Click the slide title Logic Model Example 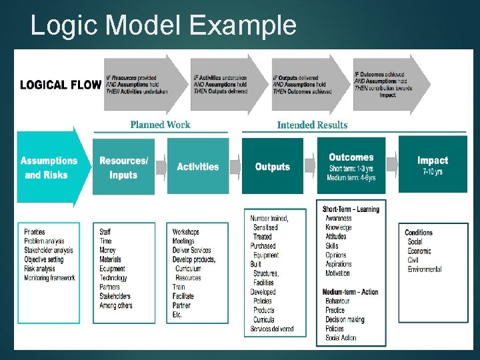click(163, 25)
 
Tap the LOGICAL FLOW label click(61, 85)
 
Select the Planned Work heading click(160, 124)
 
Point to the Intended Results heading click(312, 124)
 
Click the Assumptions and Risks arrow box click(50, 167)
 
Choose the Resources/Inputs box click(123, 167)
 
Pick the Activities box click(197, 167)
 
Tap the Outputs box click(272, 167)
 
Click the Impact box click(433, 161)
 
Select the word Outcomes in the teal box click(351, 157)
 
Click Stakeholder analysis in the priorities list click(49, 250)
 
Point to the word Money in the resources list click(107, 251)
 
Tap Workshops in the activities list click(185, 232)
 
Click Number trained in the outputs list click(269, 218)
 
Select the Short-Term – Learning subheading click(351, 209)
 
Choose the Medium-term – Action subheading click(351, 292)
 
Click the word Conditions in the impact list click(419, 233)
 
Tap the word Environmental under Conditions click(425, 269)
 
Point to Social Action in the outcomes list click(341, 338)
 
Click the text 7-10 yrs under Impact click(433, 173)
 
